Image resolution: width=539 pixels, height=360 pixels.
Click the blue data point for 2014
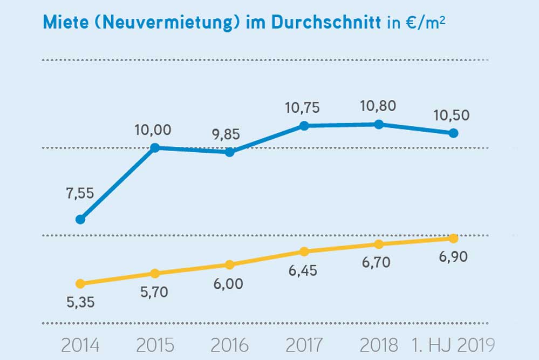click(x=80, y=219)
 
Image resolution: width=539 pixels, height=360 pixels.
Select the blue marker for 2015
click(x=155, y=147)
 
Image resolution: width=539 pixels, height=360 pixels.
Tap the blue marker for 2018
click(x=379, y=124)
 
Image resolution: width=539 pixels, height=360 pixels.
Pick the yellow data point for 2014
click(x=80, y=283)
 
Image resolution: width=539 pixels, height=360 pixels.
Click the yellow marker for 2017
click(x=304, y=252)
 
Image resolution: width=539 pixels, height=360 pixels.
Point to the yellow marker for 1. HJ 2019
click(x=454, y=239)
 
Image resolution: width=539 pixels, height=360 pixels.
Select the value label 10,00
click(x=153, y=130)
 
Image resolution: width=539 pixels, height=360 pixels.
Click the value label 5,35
click(x=80, y=302)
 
